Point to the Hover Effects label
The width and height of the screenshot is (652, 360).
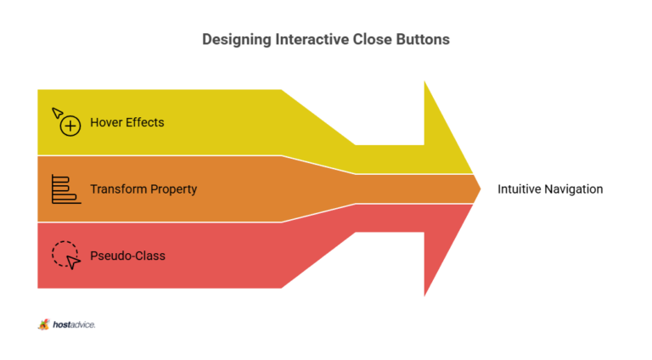pos(127,122)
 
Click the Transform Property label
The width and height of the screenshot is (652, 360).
pos(143,189)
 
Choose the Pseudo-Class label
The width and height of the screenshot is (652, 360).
pos(127,256)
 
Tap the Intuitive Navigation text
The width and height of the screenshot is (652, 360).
pos(550,189)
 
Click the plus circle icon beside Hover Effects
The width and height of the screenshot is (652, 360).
pos(70,126)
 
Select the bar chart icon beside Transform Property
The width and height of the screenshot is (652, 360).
pos(66,189)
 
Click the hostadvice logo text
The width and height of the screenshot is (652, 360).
pos(74,324)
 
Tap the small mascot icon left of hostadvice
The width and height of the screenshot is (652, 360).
pos(43,324)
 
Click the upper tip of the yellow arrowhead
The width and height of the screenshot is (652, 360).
pos(424,82)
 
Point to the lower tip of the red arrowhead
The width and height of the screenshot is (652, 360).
pos(424,295)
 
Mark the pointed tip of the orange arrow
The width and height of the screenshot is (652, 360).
pos(481,189)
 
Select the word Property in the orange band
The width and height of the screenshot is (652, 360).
pos(173,189)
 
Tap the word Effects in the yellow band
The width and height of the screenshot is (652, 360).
pos(145,122)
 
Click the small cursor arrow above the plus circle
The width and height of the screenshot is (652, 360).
pos(58,113)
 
